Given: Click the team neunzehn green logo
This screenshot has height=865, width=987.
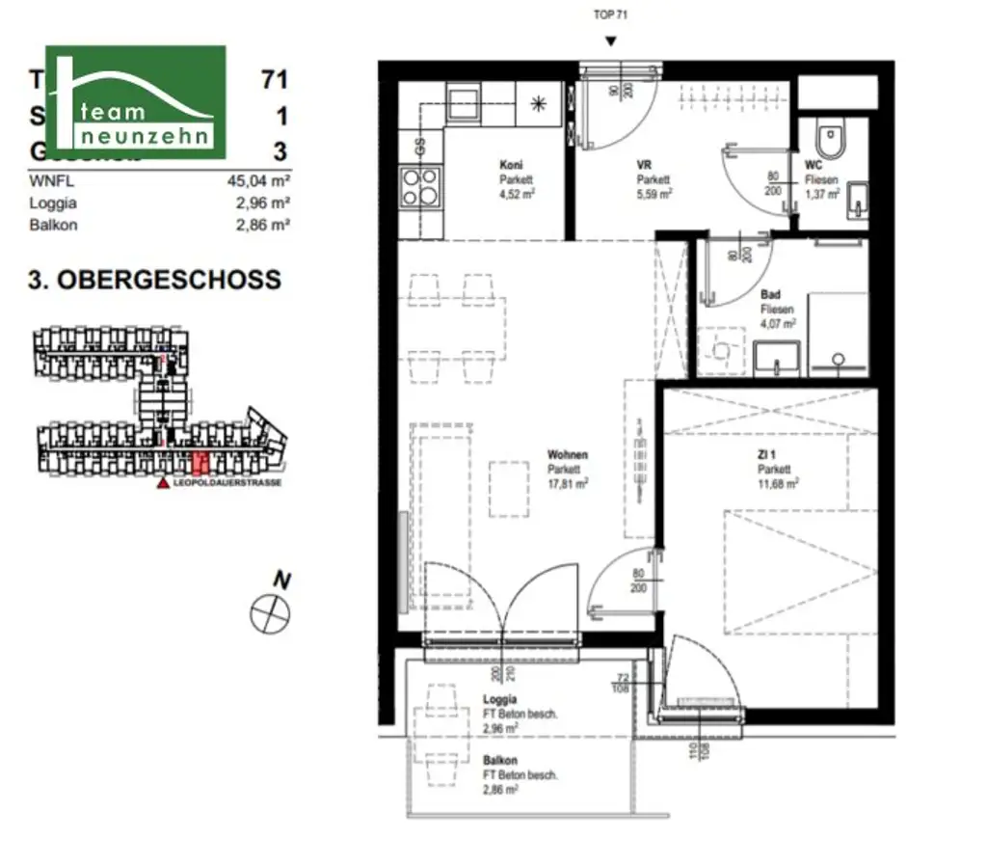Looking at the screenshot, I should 135,101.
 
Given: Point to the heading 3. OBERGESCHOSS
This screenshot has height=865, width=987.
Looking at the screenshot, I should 154,281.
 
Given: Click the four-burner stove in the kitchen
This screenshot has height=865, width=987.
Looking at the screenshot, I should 420,186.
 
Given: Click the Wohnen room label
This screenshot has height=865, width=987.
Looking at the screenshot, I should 567,455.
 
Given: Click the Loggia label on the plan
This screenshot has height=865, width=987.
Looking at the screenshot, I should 499,699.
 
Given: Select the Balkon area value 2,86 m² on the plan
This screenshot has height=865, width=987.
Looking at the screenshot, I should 500,788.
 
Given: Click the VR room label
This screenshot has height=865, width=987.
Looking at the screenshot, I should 644,166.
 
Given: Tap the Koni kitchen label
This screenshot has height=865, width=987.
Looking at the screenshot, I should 510,165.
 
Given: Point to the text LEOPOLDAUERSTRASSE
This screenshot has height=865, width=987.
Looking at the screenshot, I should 227,483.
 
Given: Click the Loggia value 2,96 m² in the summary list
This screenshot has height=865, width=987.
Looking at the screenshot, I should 263,203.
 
